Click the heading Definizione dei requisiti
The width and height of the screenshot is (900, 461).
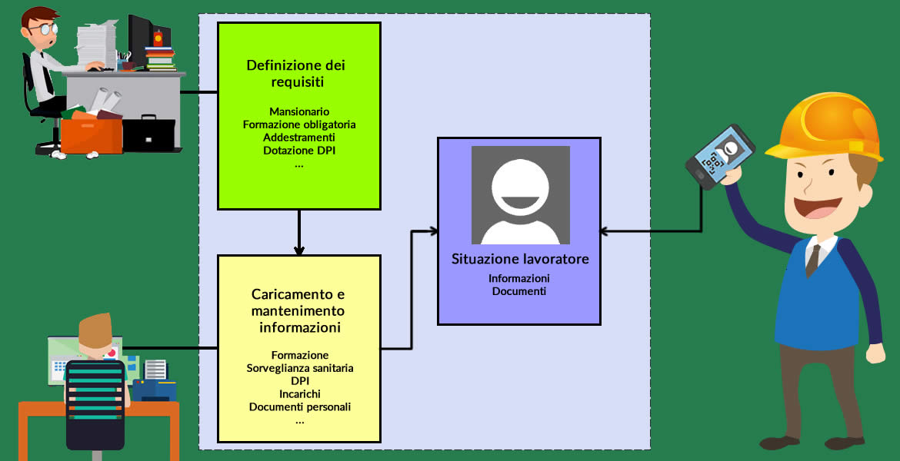tap(299, 74)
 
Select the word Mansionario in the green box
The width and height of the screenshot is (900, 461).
tap(299, 111)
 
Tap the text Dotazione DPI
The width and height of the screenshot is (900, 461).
tap(299, 151)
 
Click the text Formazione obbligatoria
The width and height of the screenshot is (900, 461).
tap(299, 124)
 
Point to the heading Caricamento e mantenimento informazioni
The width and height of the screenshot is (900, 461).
tap(299, 310)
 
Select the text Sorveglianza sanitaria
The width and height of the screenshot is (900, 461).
tap(300, 368)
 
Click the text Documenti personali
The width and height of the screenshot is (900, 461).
tap(300, 407)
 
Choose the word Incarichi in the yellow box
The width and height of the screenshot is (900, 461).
tap(300, 394)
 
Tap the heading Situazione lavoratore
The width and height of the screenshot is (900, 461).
tap(520, 259)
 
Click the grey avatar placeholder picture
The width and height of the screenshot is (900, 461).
tap(520, 194)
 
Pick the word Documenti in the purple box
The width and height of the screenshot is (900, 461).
tap(519, 291)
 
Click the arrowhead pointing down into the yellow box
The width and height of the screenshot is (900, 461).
tap(299, 250)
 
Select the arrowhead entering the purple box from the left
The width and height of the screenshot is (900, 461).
tap(433, 230)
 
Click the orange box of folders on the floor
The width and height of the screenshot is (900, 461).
tap(92, 134)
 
